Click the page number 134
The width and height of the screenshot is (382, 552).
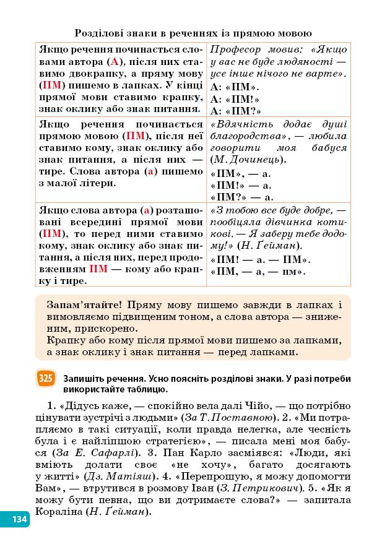[19, 519]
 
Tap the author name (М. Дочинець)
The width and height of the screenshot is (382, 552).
[248, 160]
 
